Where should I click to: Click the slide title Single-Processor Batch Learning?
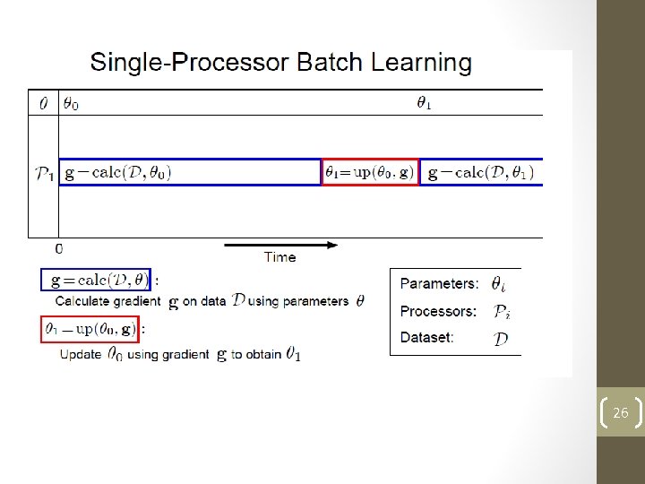click(x=280, y=63)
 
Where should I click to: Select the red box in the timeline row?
click(x=370, y=172)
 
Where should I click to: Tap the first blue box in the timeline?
click(x=190, y=172)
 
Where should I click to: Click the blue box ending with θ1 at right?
click(x=481, y=172)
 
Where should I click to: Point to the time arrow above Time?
click(x=279, y=244)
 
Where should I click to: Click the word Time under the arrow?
click(x=279, y=257)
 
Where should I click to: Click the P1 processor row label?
click(x=43, y=173)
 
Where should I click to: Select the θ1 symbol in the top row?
click(x=424, y=103)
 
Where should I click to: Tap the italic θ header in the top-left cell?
click(x=43, y=104)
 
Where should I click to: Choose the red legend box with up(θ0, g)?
click(x=90, y=329)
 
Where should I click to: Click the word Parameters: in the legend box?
click(x=439, y=284)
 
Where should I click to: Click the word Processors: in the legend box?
click(x=438, y=312)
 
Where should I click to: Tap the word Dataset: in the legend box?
click(x=426, y=338)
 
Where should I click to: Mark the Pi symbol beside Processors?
click(x=502, y=312)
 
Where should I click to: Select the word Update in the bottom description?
click(x=81, y=355)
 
